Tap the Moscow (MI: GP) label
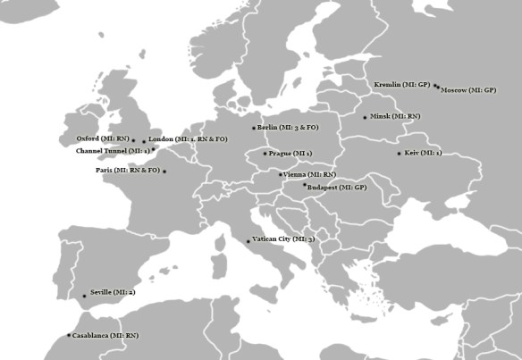(x=468, y=91)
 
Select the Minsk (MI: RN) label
(x=395, y=117)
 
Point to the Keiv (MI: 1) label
(x=424, y=154)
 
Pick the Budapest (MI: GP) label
(x=336, y=188)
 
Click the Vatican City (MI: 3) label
(x=283, y=240)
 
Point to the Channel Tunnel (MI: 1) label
(x=113, y=151)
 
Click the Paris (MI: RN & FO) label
(x=128, y=170)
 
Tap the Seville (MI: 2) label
(x=113, y=293)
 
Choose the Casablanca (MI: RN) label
(x=106, y=335)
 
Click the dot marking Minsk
(x=365, y=117)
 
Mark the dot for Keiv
(x=400, y=154)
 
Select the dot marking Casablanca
(x=69, y=335)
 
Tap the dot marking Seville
(x=85, y=296)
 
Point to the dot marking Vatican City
(x=248, y=241)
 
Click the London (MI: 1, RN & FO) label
(x=189, y=139)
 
